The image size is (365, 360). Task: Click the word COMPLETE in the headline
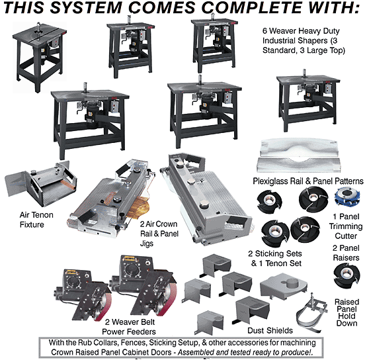[252, 7]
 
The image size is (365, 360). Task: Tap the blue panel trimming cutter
[346, 197]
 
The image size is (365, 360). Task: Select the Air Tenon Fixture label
[36, 220]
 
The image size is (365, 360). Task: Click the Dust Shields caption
[270, 330]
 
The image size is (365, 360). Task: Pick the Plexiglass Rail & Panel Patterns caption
[308, 181]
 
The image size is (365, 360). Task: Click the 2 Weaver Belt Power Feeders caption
[129, 326]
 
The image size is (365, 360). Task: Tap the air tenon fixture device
[41, 183]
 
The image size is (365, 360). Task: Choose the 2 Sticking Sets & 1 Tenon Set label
[276, 258]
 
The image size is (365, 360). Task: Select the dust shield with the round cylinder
[283, 286]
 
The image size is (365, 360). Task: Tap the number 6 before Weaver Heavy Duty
[264, 30]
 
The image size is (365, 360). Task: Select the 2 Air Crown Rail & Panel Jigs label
[159, 234]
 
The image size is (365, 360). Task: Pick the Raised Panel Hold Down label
[347, 312]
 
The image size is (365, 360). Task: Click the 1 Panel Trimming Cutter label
[346, 226]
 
